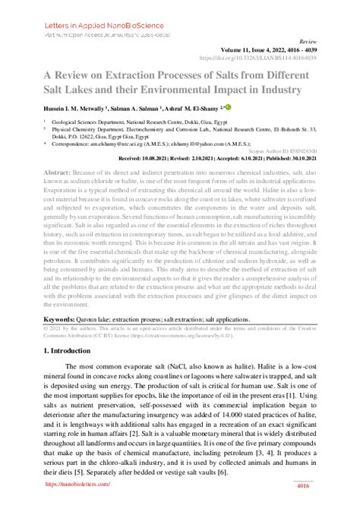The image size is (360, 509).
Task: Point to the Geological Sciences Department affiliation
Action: (106, 122)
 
